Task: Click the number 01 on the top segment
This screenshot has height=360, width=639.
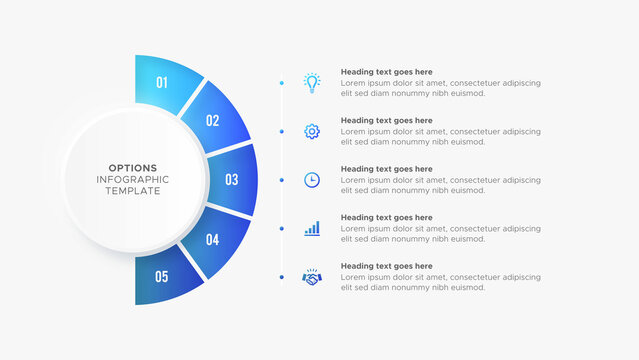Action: [x=163, y=82]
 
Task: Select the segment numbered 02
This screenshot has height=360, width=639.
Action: [x=212, y=121]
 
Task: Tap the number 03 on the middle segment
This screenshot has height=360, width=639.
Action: [x=231, y=180]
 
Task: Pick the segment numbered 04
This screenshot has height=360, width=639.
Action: [x=213, y=240]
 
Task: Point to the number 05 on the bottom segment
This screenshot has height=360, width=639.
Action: [x=162, y=277]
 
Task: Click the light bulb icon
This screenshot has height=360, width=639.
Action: [x=312, y=83]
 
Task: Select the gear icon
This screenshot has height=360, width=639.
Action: [x=312, y=131]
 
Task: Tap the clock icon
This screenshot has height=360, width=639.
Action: [x=312, y=180]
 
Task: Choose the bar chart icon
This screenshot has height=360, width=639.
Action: [x=312, y=228]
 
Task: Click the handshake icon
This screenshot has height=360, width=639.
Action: [x=312, y=276]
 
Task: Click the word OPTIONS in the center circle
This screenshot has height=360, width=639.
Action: [x=131, y=167]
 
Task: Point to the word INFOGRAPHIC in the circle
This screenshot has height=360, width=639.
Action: [x=131, y=179]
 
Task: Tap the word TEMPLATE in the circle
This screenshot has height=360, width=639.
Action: [x=131, y=191]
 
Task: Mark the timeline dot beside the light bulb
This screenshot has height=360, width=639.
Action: [x=282, y=83]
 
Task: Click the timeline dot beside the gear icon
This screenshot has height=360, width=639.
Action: [x=282, y=131]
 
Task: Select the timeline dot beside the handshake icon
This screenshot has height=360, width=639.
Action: [x=282, y=276]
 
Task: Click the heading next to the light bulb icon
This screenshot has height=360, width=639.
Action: [x=386, y=72]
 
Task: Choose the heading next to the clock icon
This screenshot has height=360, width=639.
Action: [x=386, y=169]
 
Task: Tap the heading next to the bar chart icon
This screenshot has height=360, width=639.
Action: [x=386, y=217]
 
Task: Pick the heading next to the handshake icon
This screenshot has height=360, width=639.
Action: [x=386, y=266]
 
